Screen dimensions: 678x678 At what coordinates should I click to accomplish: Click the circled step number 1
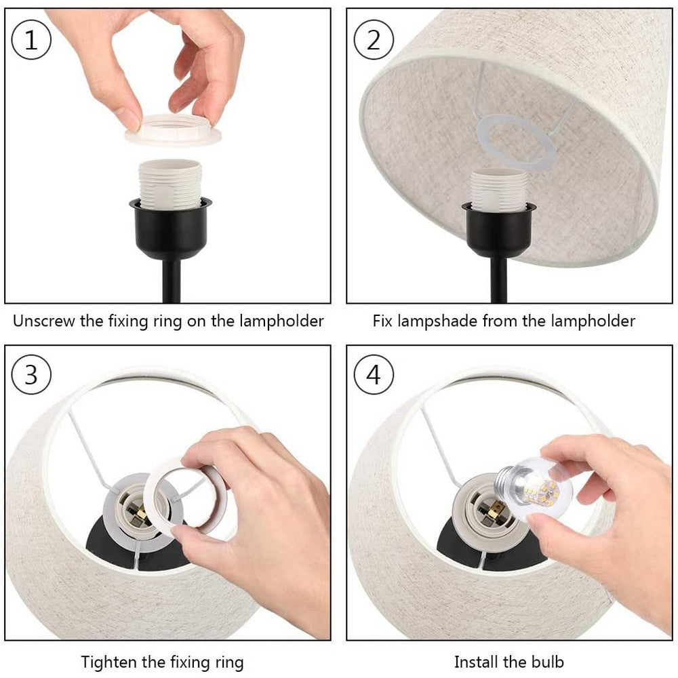[x=31, y=40]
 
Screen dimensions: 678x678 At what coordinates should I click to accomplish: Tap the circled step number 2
[x=374, y=40]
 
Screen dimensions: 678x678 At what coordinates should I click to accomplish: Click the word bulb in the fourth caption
[x=548, y=661]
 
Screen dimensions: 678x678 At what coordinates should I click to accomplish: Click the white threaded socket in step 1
[x=169, y=183]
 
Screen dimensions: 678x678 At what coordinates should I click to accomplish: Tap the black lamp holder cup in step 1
[x=170, y=227]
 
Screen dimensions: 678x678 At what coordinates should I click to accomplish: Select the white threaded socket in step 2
[x=499, y=190]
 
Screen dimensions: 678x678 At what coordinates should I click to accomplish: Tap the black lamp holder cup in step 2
[x=499, y=231]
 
